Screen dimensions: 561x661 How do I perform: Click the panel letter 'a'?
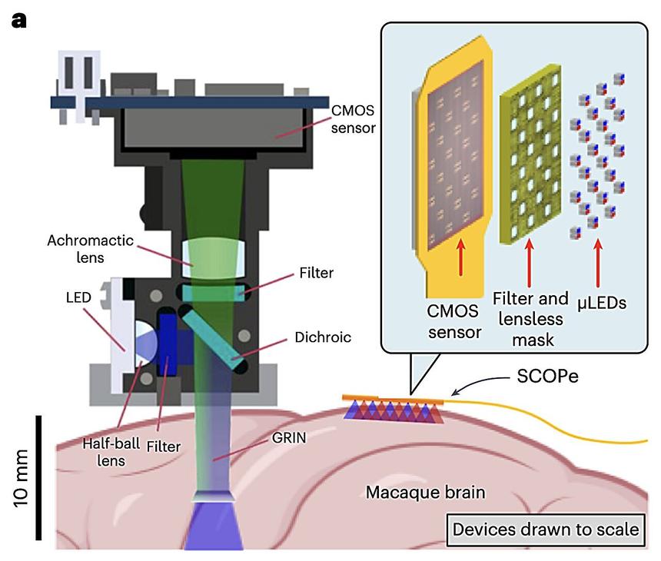(x=19, y=19)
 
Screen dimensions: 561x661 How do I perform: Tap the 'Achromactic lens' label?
(x=99, y=248)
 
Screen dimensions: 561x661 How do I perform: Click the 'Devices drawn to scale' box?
(x=546, y=529)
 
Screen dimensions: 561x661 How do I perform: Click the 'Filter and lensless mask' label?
(x=528, y=317)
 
